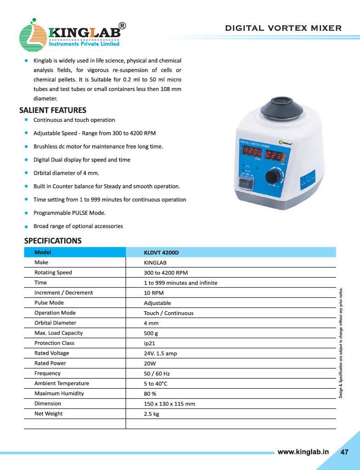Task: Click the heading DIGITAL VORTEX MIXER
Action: pyautogui.click(x=283, y=28)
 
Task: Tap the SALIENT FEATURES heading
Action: pyautogui.click(x=53, y=110)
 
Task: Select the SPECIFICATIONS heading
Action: pyautogui.click(x=53, y=241)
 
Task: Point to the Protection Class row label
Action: pyautogui.click(x=54, y=343)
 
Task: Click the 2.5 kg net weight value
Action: pyautogui.click(x=152, y=414)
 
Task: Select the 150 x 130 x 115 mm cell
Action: pyautogui.click(x=170, y=404)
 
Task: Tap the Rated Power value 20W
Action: pyautogui.click(x=150, y=364)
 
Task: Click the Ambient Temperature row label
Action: pyautogui.click(x=62, y=384)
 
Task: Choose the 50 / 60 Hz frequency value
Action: pyautogui.click(x=157, y=374)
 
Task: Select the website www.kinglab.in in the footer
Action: pyautogui.click(x=304, y=452)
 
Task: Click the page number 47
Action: pyautogui.click(x=344, y=452)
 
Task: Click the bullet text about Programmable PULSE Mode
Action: pyautogui.click(x=69, y=213)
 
